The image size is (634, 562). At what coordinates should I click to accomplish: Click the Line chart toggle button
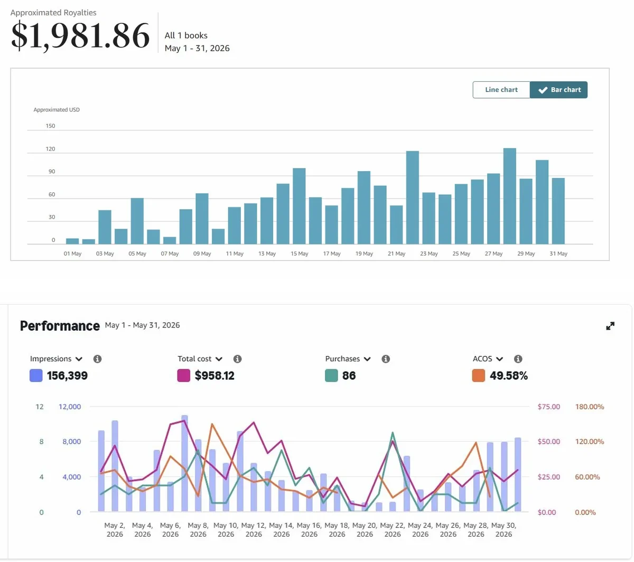501,90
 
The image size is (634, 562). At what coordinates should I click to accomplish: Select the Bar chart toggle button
558,90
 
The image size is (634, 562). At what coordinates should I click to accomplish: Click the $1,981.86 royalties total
80,35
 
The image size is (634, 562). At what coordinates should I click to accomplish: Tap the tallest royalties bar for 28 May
510,196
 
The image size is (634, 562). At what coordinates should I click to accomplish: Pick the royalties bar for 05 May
137,221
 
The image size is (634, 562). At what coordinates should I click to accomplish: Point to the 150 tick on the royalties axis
50,126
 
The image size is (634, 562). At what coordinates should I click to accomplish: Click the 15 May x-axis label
300,254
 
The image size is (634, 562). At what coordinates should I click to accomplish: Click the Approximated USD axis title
57,109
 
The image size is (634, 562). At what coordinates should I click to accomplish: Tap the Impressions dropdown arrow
79,359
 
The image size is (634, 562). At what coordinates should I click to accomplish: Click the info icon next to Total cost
238,359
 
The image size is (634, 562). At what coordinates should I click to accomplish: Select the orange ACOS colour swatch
479,376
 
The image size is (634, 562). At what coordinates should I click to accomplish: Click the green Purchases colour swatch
331,376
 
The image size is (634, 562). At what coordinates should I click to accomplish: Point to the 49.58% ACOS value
509,376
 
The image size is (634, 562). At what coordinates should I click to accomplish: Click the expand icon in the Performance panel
610,326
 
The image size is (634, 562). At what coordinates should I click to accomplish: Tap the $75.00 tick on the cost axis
549,407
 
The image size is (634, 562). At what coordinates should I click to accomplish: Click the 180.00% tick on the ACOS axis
590,407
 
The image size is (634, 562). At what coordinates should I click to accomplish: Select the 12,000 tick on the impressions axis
70,407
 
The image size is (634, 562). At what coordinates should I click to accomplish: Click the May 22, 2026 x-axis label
393,529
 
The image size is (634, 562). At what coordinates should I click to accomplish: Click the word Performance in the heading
60,326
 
